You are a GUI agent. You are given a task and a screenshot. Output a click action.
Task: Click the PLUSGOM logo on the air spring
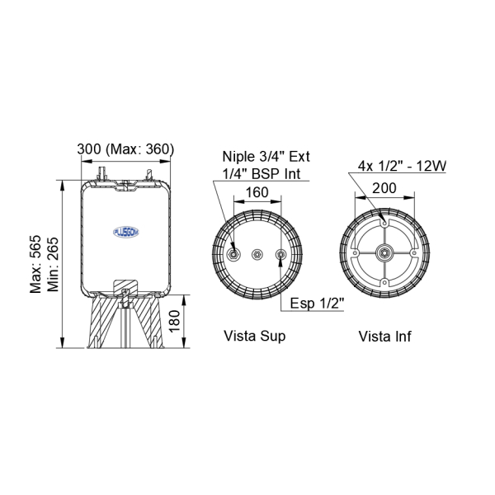point(126,232)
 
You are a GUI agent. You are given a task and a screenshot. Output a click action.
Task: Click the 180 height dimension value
point(174,322)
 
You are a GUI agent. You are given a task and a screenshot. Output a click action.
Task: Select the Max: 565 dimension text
point(35,264)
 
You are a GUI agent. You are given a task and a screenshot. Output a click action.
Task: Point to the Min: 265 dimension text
point(53,265)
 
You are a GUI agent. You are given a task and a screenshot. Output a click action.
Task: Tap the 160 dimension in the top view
point(257,192)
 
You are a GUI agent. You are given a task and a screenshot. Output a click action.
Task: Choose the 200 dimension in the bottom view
point(384,188)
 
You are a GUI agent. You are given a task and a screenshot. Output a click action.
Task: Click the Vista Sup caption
point(254,336)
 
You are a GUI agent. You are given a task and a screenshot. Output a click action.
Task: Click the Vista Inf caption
point(384,337)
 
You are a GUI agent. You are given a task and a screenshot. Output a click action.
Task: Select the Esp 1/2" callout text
point(317,303)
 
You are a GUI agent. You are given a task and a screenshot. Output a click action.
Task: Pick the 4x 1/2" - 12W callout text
point(403,166)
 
